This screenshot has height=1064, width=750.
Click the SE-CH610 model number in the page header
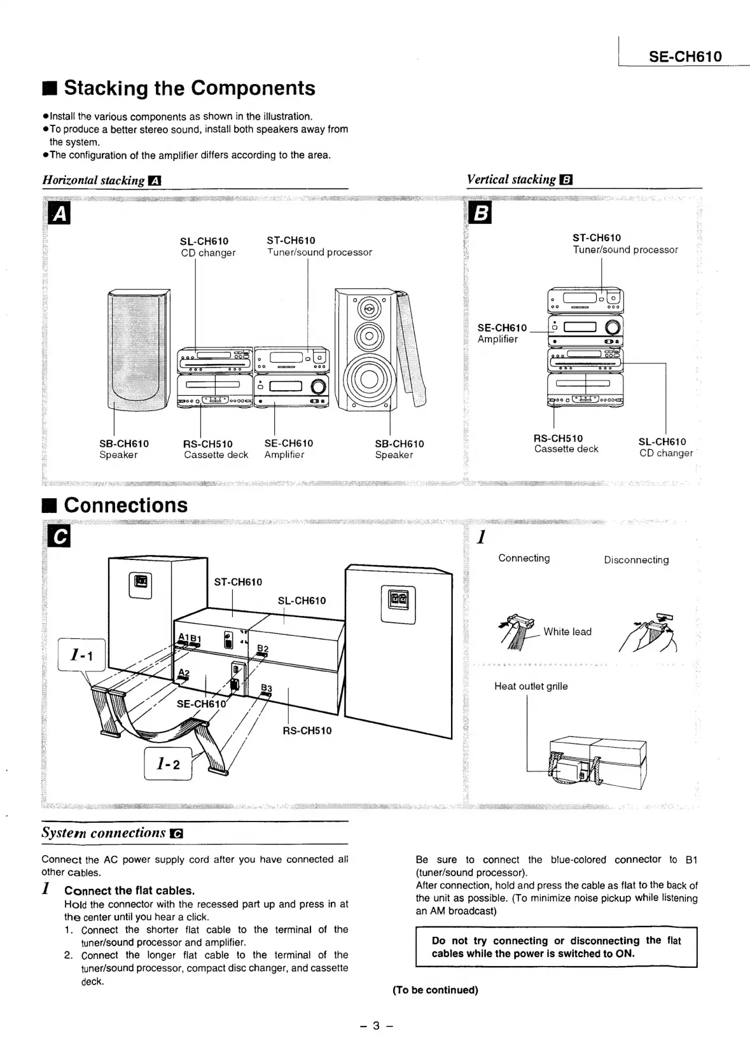[x=685, y=57]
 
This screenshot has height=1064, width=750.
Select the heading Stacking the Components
[x=189, y=88]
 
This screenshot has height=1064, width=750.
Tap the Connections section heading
[x=125, y=505]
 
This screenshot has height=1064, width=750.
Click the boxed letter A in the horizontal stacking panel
[x=60, y=214]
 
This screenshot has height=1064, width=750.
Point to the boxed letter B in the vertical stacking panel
[x=481, y=214]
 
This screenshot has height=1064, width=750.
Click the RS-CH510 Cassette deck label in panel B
[x=566, y=444]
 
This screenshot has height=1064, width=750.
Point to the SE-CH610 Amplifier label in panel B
[x=502, y=333]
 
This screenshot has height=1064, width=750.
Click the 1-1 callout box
[x=81, y=655]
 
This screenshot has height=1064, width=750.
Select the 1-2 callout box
[x=168, y=764]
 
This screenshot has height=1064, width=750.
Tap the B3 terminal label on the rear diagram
[x=267, y=689]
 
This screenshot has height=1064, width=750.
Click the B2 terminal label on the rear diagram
[x=263, y=648]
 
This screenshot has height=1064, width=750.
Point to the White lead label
[x=567, y=631]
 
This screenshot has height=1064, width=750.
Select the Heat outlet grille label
[x=531, y=686]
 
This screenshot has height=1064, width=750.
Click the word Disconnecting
[x=636, y=560]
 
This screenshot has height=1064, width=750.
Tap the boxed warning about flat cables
[x=556, y=947]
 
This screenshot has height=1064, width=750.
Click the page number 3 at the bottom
[x=376, y=1025]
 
